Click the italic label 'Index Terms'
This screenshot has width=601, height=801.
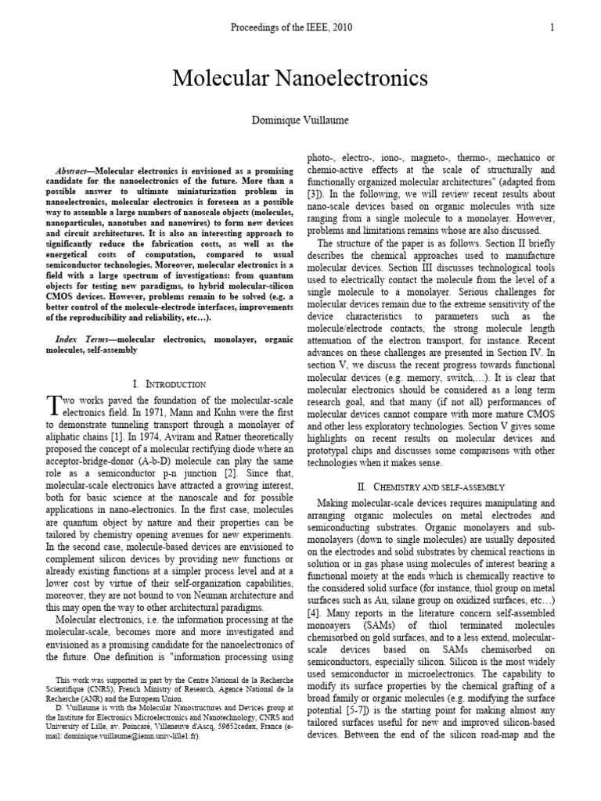coord(78,340)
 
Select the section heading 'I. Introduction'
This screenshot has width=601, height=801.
coord(170,384)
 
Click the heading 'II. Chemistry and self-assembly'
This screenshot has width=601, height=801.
coord(430,487)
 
